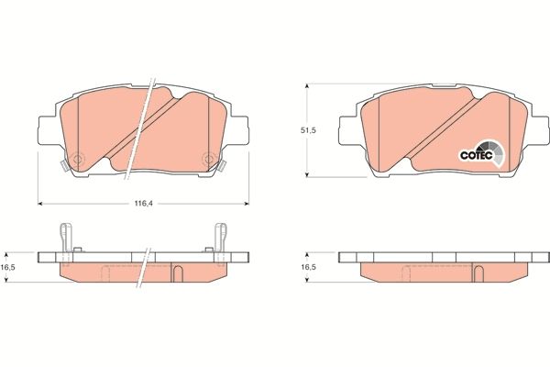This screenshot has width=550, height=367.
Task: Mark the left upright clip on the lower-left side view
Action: point(65,237)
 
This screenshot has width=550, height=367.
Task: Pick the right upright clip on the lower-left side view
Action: point(219,237)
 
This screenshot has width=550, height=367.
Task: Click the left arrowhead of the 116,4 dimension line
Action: point(40,202)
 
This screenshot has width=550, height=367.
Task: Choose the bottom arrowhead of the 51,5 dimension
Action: point(305,174)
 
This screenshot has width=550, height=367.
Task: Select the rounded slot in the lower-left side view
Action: point(178,272)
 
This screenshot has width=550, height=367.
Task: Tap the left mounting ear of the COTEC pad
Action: point(348,131)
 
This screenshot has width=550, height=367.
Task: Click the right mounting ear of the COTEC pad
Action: point(540,131)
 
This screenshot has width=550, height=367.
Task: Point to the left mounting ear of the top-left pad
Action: point(48,131)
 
